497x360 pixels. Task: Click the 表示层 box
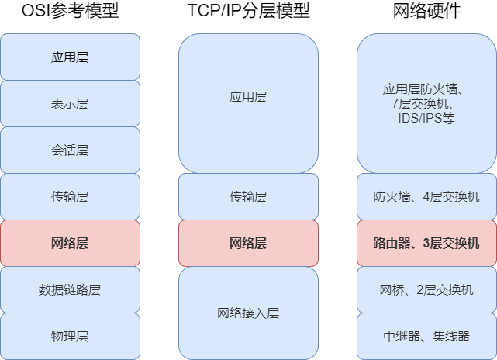70,104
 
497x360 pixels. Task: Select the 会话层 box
70,151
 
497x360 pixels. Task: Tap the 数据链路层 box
70,290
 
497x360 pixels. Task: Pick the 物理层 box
70,337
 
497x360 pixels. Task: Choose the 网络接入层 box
248,313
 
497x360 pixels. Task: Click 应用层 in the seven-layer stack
70,57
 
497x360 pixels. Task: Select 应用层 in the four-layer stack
248,97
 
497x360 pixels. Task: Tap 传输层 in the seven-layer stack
70,197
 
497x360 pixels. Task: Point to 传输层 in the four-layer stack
248,197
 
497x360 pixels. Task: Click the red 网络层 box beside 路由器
248,244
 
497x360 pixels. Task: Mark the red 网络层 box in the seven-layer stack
70,244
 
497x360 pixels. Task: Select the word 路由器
392,244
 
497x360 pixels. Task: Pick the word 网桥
391,290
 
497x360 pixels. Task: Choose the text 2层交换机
445,290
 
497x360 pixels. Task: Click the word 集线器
452,337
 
